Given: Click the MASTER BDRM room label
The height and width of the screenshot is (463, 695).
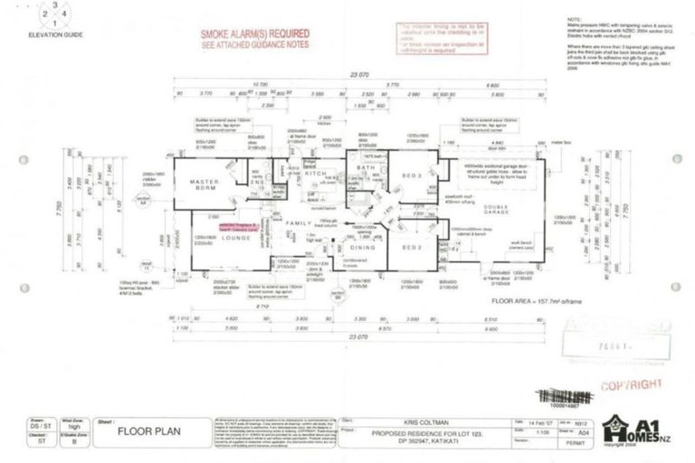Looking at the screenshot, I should tap(206, 185).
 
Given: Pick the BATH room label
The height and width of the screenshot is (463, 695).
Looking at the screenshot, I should tap(365, 168).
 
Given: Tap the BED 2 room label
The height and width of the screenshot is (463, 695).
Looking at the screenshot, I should tap(413, 246).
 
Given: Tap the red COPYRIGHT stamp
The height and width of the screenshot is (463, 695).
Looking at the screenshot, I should tap(631, 384).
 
